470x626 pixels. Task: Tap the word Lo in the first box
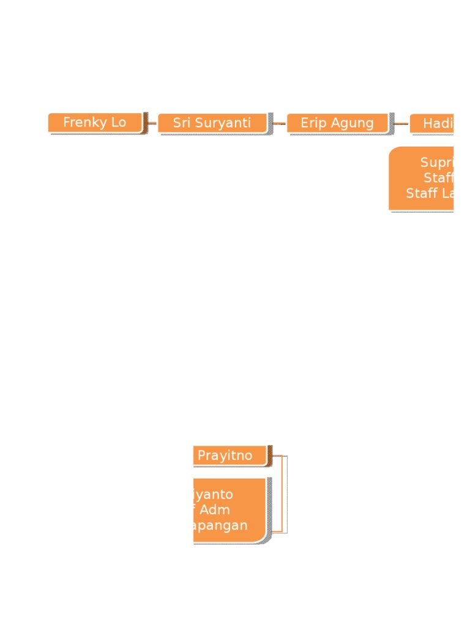point(118,122)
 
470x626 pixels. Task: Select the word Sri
point(182,123)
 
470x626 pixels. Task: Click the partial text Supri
point(436,163)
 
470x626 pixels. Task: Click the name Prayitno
point(225,455)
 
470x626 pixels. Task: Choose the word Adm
point(215,509)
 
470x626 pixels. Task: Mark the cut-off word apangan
point(221,525)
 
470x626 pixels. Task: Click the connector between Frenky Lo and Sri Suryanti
point(152,123)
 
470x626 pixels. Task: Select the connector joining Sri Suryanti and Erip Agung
point(278,123)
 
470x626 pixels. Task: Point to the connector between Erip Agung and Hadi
point(401,123)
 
